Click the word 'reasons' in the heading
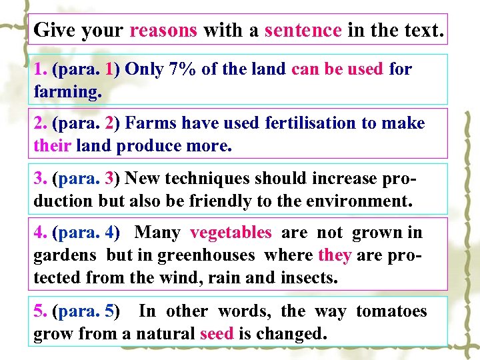pos(163,30)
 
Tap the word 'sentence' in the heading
pos(303,30)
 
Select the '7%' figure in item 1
pos(181,69)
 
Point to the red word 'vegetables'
pos(231,233)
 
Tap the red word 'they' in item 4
pos(335,255)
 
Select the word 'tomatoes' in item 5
pos(391,311)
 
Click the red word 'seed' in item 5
pos(217,333)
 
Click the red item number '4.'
pos(41,233)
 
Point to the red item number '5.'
pos(41,311)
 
